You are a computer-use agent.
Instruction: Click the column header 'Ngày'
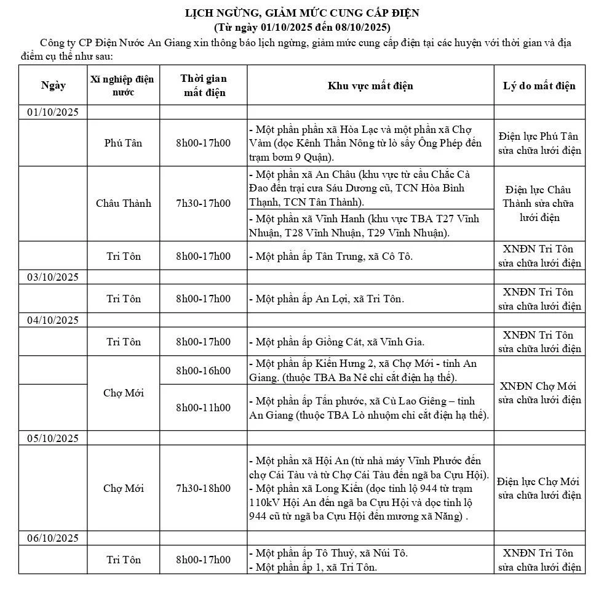(x=54, y=86)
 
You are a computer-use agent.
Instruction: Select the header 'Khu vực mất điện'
(x=370, y=86)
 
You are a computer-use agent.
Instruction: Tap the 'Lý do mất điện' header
(x=539, y=86)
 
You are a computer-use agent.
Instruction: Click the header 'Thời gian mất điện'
(x=204, y=86)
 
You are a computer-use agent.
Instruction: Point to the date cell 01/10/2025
(x=53, y=112)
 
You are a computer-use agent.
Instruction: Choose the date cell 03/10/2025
(x=53, y=277)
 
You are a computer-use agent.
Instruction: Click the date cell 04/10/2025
(x=53, y=320)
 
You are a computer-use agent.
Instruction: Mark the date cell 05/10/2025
(x=53, y=438)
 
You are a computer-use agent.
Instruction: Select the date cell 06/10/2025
(x=53, y=539)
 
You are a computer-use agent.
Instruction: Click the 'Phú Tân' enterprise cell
(x=123, y=143)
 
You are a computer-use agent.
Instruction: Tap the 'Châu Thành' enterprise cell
(x=123, y=203)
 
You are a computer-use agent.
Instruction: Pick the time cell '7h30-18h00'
(x=204, y=488)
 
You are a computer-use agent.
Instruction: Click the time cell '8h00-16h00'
(x=204, y=371)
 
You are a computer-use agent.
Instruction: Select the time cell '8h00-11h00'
(x=204, y=408)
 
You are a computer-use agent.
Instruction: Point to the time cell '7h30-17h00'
(x=204, y=203)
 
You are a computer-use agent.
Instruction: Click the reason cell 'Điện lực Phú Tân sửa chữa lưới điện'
(x=539, y=143)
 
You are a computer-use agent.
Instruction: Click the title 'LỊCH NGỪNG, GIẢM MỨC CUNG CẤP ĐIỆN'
(x=302, y=13)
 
